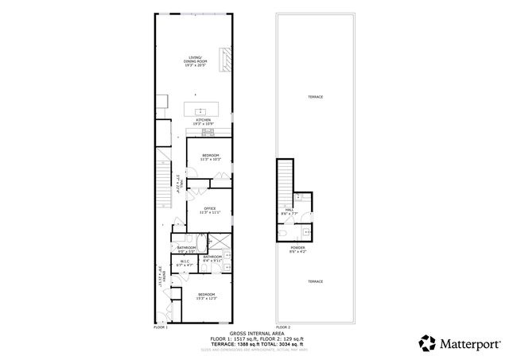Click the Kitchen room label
pyautogui.click(x=204, y=122)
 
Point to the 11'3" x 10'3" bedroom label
pyautogui.click(x=209, y=157)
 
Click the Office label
pyautogui.click(x=209, y=211)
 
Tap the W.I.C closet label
pyautogui.click(x=185, y=263)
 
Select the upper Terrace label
pyautogui.click(x=316, y=97)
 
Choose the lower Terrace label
pyautogui.click(x=316, y=282)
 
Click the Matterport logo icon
pyautogui.click(x=428, y=343)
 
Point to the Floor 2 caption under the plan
pyautogui.click(x=282, y=327)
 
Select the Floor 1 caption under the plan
pyautogui.click(x=161, y=327)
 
